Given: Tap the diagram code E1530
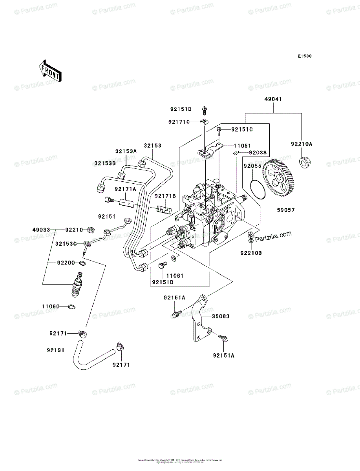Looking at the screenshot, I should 304,57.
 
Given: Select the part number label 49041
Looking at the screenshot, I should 273,100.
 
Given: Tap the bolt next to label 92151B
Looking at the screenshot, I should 205,109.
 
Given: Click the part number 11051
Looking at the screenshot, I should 243,146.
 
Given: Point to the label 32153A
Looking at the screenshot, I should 126,151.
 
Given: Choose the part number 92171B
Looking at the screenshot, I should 165,196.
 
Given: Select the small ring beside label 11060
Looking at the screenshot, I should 72,307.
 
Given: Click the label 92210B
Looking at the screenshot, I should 251,253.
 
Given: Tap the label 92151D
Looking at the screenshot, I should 163,282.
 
